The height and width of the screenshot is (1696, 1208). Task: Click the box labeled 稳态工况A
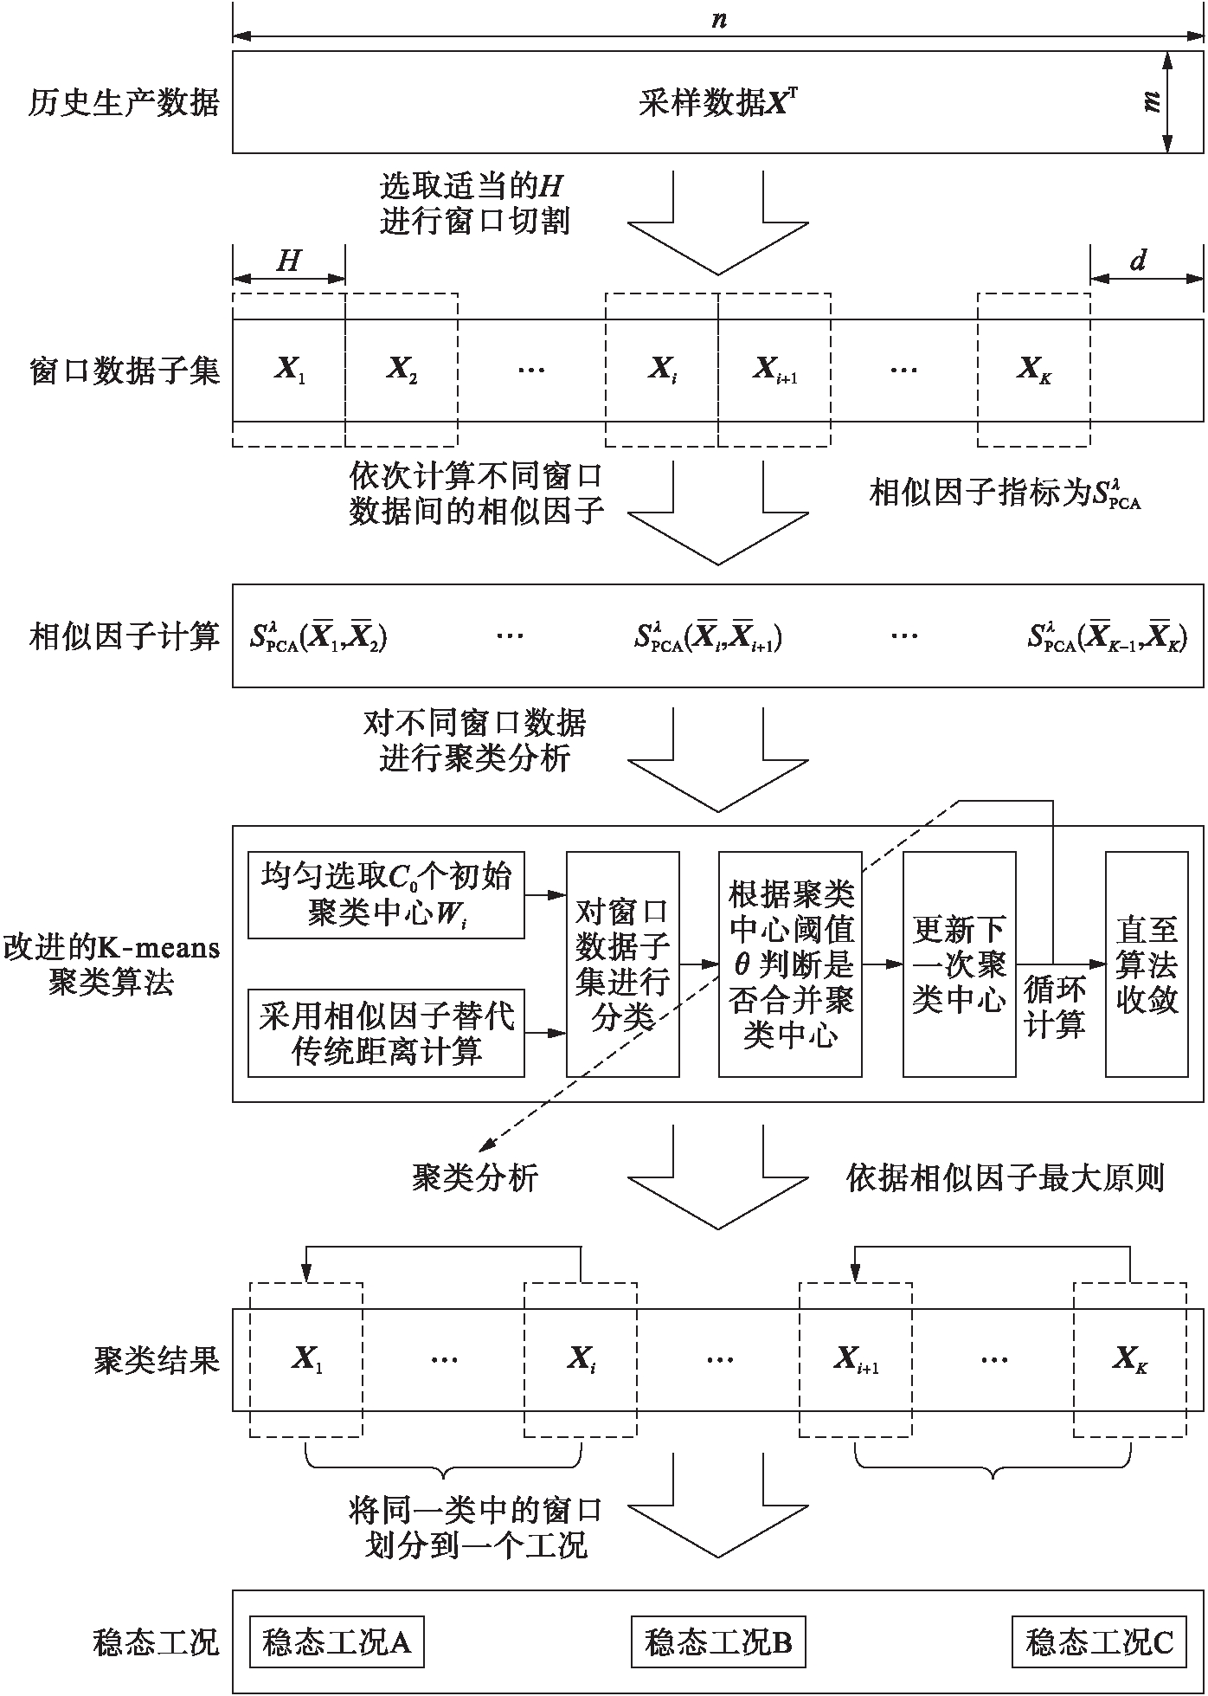pos(337,1641)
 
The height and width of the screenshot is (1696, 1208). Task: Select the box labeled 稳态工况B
pos(718,1641)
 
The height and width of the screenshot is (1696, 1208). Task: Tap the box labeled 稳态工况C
pos(1099,1641)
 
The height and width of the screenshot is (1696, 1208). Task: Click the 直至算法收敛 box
pos(1147,964)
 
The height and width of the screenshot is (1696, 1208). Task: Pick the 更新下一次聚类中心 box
pos(959,964)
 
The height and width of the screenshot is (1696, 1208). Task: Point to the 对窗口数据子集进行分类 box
pos(622,964)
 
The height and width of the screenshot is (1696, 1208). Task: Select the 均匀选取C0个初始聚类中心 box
pos(386,895)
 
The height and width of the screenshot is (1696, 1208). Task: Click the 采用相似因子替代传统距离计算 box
pos(386,1033)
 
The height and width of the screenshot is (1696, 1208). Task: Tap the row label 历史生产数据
pos(124,103)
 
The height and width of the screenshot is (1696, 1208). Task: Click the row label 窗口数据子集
pos(124,371)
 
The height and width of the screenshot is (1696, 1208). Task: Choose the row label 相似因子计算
pos(124,637)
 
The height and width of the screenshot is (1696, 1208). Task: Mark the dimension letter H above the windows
pos(288,261)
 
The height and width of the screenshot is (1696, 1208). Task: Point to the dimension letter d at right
pos(1139,260)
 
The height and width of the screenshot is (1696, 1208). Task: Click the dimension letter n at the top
pos(718,19)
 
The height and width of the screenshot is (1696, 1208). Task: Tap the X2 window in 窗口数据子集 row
pos(402,371)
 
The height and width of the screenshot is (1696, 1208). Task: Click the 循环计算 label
pos(1055,1006)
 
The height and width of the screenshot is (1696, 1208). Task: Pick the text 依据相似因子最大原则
pos(1005,1177)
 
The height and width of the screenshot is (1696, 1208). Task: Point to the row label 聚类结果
pos(157,1360)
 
